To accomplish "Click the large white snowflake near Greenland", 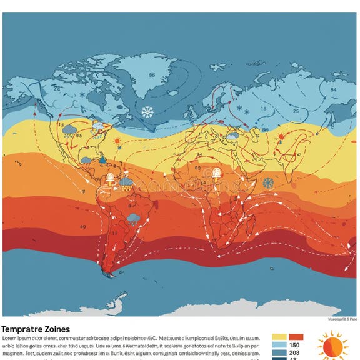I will tap(147, 112).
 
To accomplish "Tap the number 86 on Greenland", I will tap(152, 75).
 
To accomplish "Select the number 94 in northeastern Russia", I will tap(332, 89).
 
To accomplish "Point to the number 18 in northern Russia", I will tap(263, 109).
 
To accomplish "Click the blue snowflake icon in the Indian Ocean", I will tap(268, 182).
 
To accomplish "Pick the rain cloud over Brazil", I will tap(133, 218).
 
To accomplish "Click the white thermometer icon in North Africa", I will tap(217, 172).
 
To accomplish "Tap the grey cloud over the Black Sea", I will tap(232, 134).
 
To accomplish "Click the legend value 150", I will tap(294, 346).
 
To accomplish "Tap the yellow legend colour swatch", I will tap(279, 337).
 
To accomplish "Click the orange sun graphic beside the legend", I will tap(332, 346).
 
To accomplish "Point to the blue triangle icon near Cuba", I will tap(102, 159).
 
